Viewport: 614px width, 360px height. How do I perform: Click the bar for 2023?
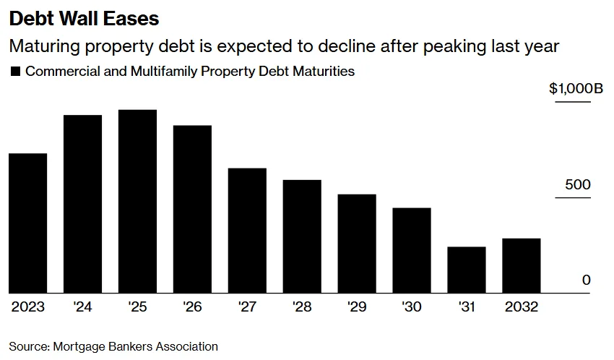click(x=28, y=223)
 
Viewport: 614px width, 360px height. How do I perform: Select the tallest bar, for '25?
click(x=137, y=202)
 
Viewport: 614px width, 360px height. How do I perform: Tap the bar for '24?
click(x=82, y=205)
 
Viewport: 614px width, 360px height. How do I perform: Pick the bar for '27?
click(x=247, y=231)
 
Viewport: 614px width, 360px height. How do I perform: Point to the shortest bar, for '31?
click(x=467, y=270)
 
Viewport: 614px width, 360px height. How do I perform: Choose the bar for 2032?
click(x=522, y=266)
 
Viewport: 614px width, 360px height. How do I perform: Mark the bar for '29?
click(x=357, y=244)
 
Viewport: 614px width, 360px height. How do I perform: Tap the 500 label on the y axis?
click(x=577, y=185)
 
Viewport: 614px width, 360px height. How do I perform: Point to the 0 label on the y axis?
click(x=586, y=280)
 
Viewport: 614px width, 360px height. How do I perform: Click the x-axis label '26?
click(x=192, y=307)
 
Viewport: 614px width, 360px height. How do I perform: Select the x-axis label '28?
click(x=302, y=307)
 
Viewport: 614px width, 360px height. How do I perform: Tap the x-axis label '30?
click(x=412, y=307)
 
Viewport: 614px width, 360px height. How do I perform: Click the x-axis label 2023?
click(x=28, y=307)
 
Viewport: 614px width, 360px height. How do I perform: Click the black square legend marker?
click(x=15, y=72)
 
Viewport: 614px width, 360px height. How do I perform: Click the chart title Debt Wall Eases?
click(x=84, y=17)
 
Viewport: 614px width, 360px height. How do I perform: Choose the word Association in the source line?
click(x=186, y=346)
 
